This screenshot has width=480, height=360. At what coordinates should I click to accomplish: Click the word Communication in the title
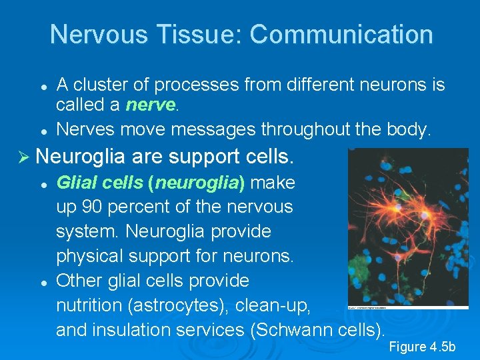341,34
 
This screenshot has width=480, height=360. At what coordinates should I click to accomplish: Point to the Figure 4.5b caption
421,346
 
